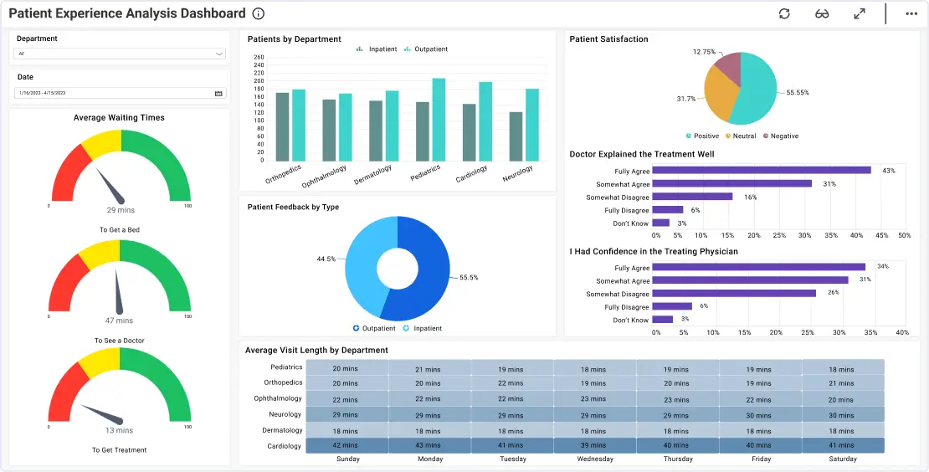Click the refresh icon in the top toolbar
click(x=784, y=13)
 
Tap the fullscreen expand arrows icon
click(x=860, y=13)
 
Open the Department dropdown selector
click(x=121, y=54)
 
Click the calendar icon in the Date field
click(x=218, y=93)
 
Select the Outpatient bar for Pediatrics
click(x=439, y=119)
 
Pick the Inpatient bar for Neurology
click(x=516, y=136)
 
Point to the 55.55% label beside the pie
click(x=798, y=92)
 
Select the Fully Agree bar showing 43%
click(x=762, y=171)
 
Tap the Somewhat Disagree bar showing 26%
click(x=734, y=294)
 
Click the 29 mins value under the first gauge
click(x=121, y=210)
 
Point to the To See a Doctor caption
click(x=121, y=341)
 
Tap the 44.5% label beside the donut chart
click(x=326, y=259)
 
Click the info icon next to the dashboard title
click(x=259, y=13)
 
